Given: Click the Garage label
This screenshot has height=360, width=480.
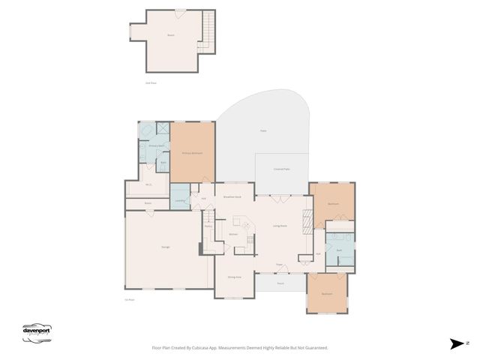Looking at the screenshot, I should (164, 247).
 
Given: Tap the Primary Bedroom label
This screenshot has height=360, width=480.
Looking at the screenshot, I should (193, 152).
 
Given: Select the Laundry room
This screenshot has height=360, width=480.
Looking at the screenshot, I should (179, 201).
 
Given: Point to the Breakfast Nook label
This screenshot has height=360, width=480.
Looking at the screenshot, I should (232, 196).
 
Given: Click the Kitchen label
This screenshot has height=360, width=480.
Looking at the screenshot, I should (233, 234).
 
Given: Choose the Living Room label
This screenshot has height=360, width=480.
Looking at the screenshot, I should (280, 226).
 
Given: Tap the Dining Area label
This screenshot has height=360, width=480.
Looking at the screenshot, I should (234, 277).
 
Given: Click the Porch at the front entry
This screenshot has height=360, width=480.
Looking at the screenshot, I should (280, 283).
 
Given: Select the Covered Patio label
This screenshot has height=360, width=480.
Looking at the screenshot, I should (282, 169).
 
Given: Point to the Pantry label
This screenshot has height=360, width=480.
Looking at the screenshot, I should (208, 226).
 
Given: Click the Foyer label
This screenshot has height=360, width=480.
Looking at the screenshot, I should (278, 265).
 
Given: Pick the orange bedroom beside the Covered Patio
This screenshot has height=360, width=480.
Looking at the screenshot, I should (333, 204).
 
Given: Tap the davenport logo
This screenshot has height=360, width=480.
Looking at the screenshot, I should (39, 332).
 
